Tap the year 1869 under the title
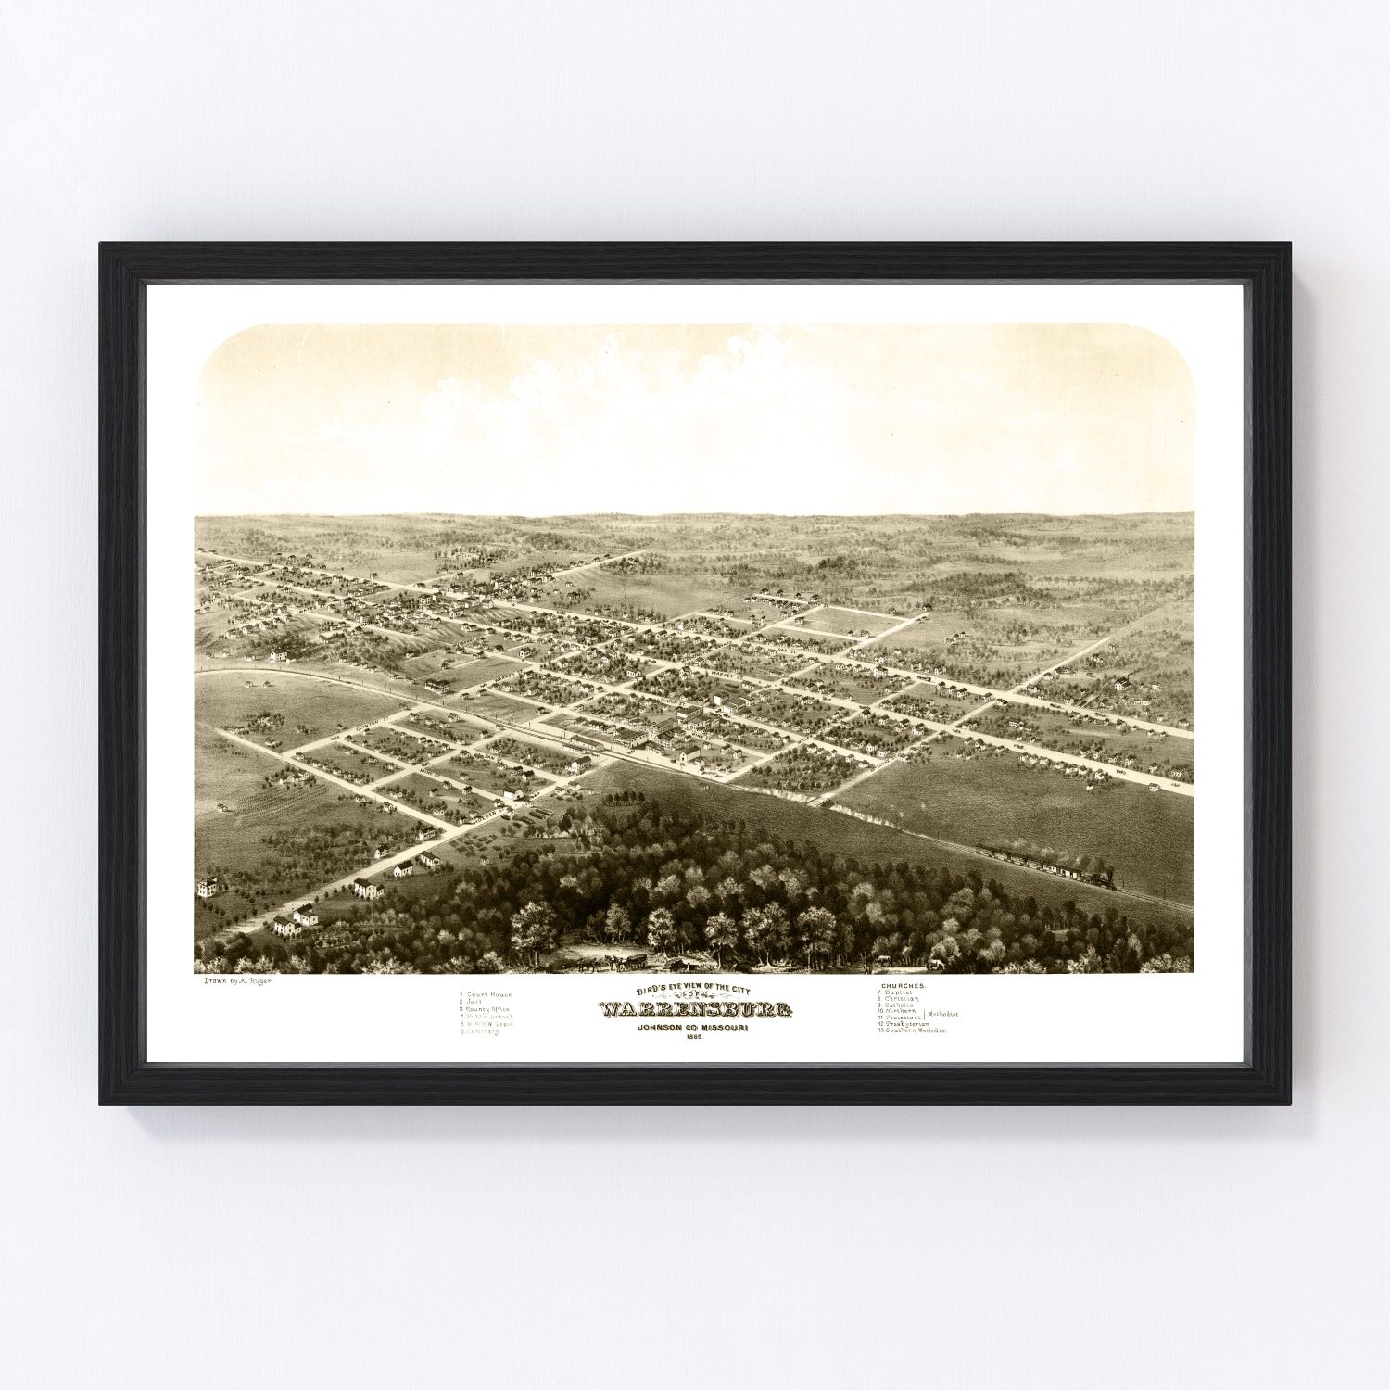695,1035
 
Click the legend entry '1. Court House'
486,994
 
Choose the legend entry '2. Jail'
472,1002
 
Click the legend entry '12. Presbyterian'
904,1023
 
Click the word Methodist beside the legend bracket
941,1015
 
